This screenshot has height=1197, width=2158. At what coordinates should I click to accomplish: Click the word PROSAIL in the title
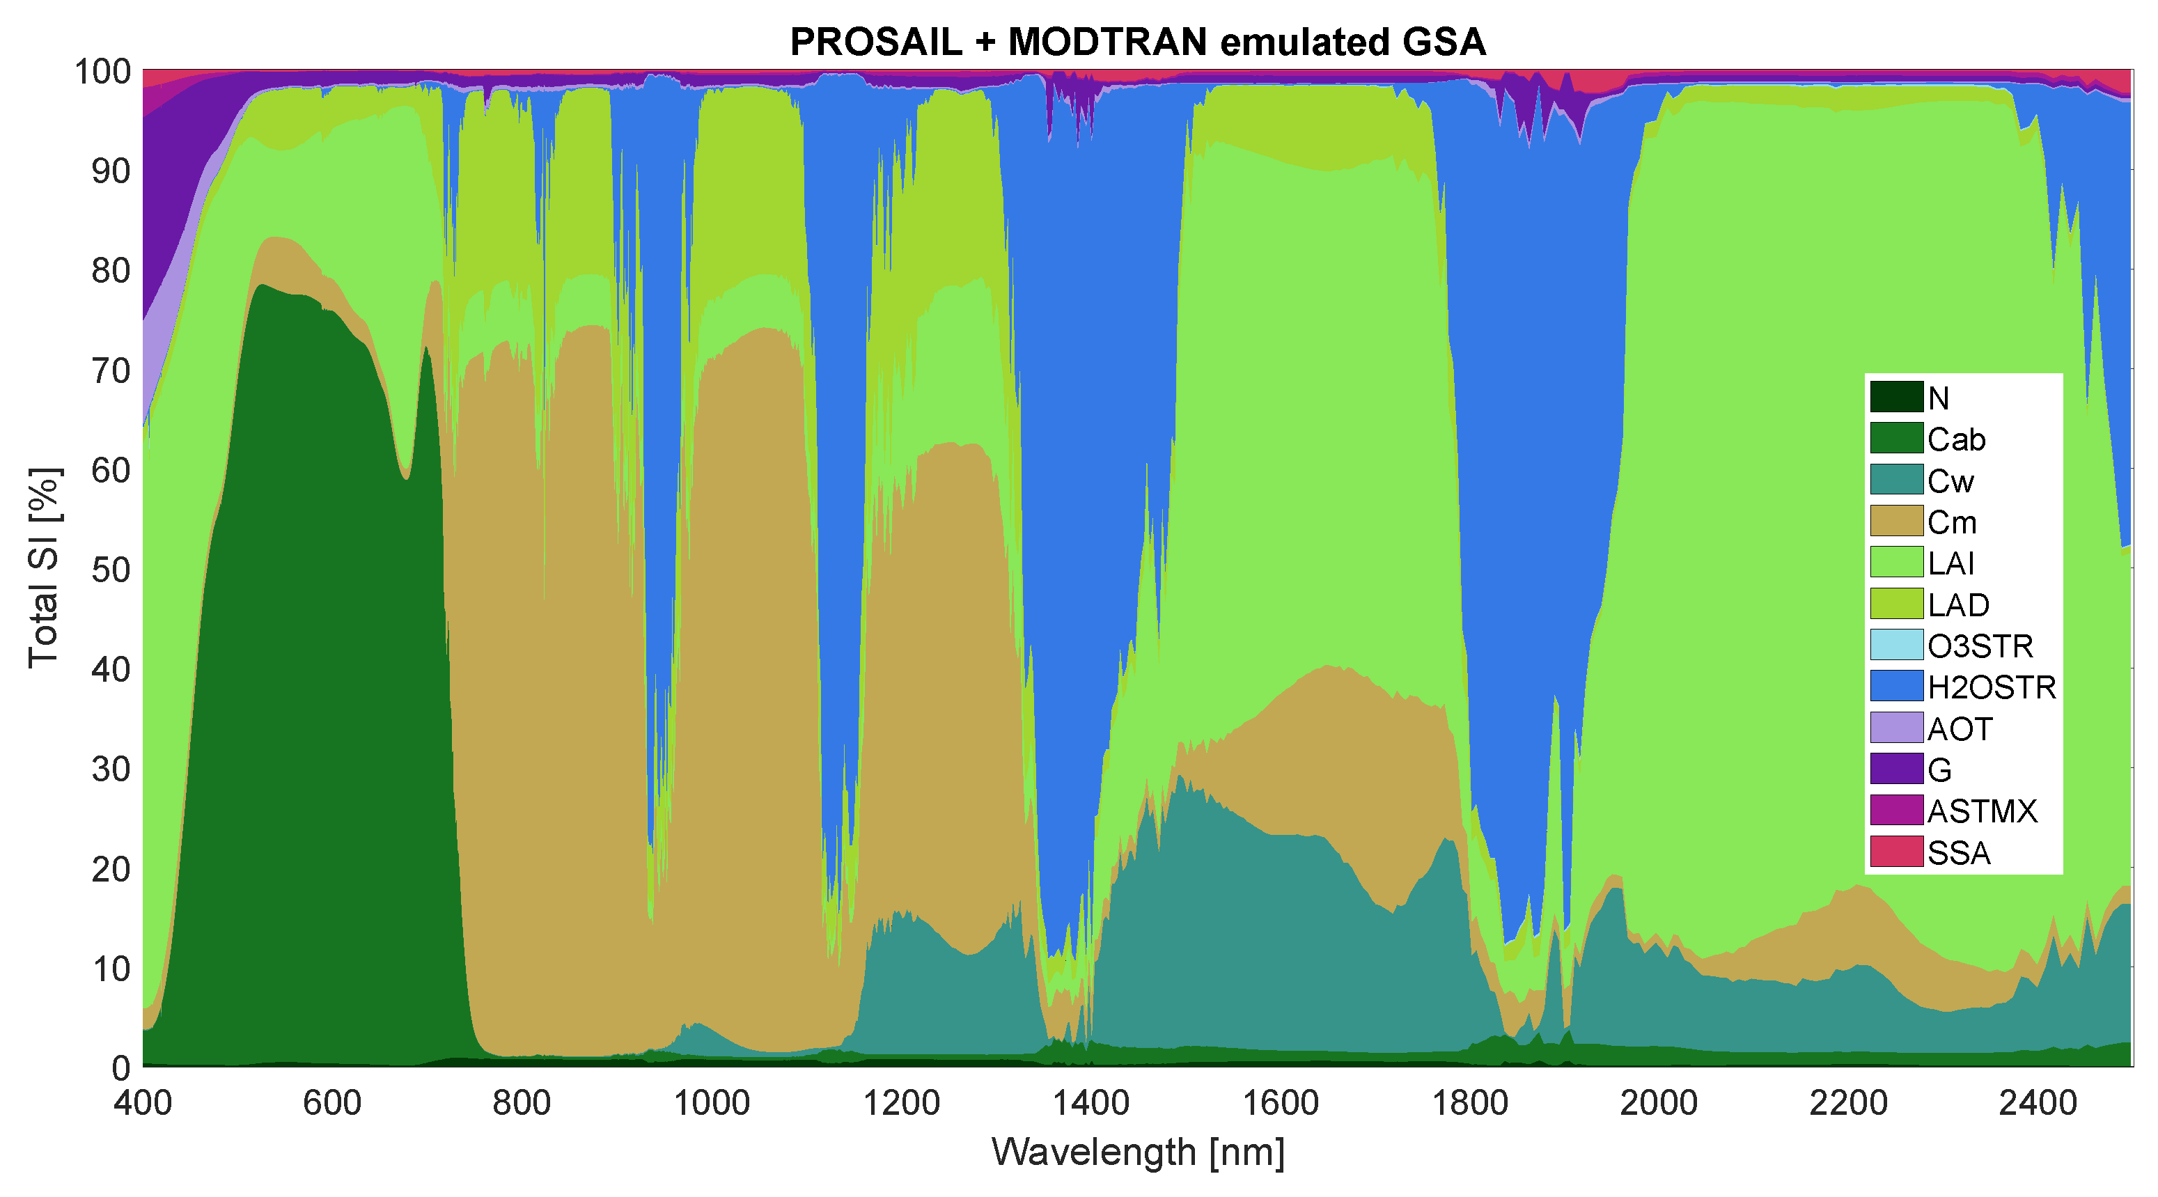coord(876,42)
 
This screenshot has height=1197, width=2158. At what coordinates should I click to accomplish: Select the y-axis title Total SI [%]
coord(44,568)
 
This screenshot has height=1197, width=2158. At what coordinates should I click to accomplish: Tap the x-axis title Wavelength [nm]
coord(1138,1152)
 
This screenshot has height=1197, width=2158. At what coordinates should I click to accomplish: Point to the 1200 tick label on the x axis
coord(900,1102)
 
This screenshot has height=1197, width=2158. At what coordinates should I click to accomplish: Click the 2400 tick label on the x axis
coord(2038,1102)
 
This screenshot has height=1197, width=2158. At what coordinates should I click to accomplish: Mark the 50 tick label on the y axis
coord(111,570)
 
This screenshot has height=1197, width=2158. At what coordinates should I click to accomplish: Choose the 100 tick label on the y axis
coord(103,72)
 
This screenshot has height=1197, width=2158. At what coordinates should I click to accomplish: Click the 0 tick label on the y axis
coord(121,1068)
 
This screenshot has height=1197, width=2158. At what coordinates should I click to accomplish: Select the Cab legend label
coord(1956,439)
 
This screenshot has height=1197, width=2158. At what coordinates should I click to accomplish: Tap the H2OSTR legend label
coord(1992,687)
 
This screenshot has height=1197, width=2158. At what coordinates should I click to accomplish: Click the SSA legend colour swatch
coord(1897,852)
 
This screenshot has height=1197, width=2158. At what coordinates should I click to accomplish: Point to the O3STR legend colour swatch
coord(1897,645)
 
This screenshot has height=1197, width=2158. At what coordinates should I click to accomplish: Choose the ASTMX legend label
coord(1982,811)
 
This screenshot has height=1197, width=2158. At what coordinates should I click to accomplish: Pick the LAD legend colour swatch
coord(1897,604)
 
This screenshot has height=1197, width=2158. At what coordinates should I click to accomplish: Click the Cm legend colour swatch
coord(1897,521)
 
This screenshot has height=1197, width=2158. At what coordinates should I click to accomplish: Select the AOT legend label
coord(1960,729)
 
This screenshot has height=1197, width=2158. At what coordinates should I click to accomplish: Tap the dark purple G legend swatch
coord(1897,769)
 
